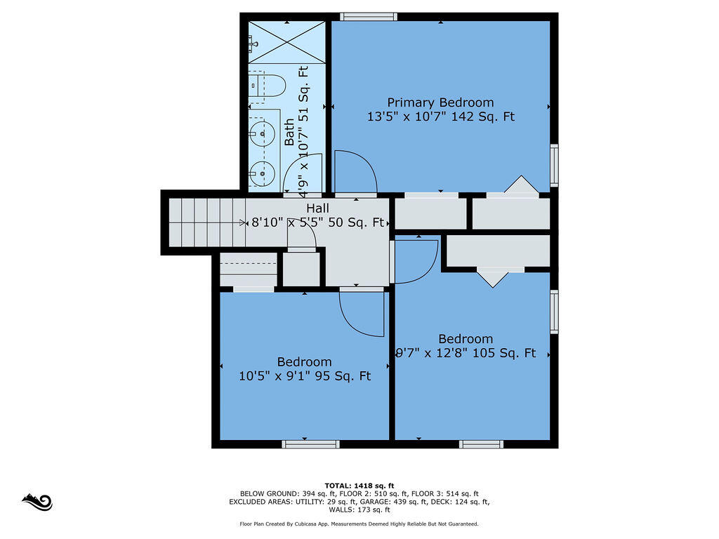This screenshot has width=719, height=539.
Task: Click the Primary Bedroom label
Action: click(440, 102)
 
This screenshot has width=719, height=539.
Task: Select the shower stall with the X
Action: click(287, 42)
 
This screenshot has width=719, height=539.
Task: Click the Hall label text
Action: click(318, 208)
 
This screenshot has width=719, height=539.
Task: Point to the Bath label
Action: click(290, 132)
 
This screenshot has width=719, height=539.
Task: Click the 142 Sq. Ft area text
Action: click(483, 117)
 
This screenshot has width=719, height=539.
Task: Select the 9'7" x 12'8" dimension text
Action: click(432, 354)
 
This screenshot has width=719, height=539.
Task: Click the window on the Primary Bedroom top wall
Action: click(369, 17)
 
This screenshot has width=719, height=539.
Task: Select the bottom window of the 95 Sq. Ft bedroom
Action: click(310, 444)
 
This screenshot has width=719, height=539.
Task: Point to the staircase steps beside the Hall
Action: click(207, 222)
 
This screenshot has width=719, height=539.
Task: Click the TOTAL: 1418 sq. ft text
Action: click(359, 486)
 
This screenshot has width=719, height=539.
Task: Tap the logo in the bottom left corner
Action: click(37, 502)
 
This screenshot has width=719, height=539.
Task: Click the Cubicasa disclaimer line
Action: click(359, 524)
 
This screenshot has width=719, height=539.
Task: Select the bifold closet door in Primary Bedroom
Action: click(522, 185)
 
